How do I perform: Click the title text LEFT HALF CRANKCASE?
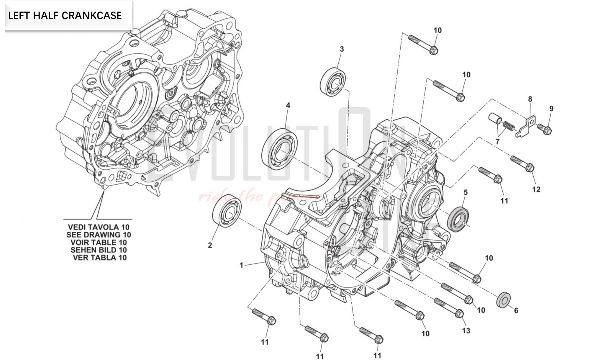click(65, 15)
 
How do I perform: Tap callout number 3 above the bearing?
click(342, 49)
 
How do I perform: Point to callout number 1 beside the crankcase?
click(241, 265)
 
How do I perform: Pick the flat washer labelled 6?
click(504, 299)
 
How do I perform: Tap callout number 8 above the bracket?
click(530, 99)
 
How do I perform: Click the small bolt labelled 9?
click(545, 129)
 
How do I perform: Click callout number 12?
click(536, 189)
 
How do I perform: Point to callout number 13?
click(466, 330)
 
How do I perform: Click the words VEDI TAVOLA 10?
click(99, 227)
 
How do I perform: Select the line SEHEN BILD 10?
click(99, 250)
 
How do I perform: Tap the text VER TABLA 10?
click(99, 258)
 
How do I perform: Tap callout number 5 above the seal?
click(466, 193)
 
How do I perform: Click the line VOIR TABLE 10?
click(99, 242)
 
